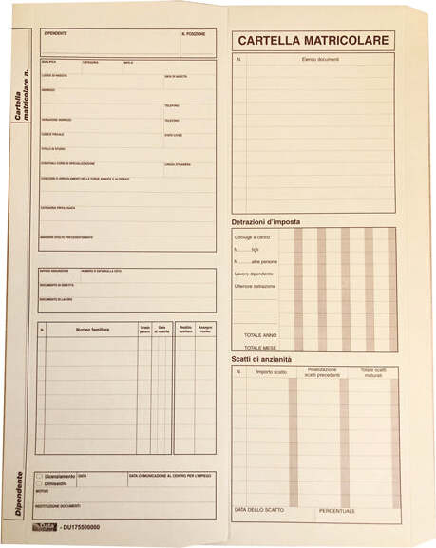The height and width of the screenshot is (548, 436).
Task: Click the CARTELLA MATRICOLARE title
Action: pyautogui.click(x=313, y=41)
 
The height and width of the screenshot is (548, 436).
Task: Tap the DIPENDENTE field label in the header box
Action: pyautogui.click(x=56, y=34)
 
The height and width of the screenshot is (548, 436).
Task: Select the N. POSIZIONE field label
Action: pyautogui.click(x=193, y=34)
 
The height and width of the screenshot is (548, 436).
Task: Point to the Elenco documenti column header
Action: pyautogui.click(x=320, y=60)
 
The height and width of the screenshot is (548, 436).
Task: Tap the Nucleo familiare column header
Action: pyautogui.click(x=93, y=330)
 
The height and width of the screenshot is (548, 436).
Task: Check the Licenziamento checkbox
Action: pyautogui.click(x=39, y=476)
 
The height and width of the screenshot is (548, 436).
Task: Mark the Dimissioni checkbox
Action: pyautogui.click(x=39, y=483)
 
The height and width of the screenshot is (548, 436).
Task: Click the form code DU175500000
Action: pyautogui.click(x=82, y=526)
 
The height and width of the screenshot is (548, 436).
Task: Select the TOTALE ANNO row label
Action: pyautogui.click(x=260, y=335)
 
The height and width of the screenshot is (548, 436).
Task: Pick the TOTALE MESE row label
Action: pyautogui.click(x=260, y=348)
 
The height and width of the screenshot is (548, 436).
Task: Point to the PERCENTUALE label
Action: pyautogui.click(x=337, y=511)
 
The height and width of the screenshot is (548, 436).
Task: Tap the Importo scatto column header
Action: pyautogui.click(x=271, y=372)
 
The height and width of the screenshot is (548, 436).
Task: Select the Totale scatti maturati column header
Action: pyautogui.click(x=373, y=372)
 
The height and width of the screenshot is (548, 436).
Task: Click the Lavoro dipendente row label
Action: pyautogui.click(x=255, y=274)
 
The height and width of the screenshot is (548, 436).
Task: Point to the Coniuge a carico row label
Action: pyautogui.click(x=252, y=237)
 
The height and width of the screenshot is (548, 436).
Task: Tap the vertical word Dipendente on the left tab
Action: pyautogui.click(x=19, y=494)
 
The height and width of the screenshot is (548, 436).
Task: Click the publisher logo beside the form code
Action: pyautogui.click(x=47, y=526)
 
